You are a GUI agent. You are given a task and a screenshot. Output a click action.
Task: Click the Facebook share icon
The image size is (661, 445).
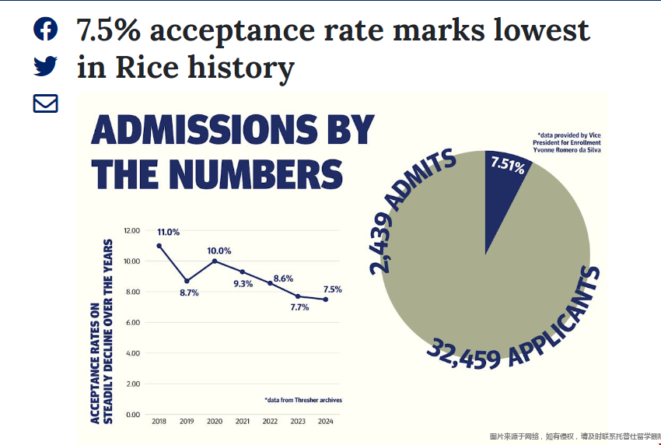pyautogui.click(x=46, y=29)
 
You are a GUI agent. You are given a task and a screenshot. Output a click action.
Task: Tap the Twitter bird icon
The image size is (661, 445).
pyautogui.click(x=46, y=66)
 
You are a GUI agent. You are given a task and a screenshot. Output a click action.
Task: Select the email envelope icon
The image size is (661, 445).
pyautogui.click(x=46, y=103)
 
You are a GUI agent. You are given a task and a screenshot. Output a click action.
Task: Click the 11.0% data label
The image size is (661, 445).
pyautogui.click(x=168, y=232)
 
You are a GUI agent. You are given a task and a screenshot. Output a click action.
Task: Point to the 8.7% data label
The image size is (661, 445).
pyautogui.click(x=189, y=293)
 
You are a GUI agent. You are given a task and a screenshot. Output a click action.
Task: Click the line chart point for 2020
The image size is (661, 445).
pyautogui.click(x=214, y=261)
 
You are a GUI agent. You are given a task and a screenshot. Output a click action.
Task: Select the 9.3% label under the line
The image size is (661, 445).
pyautogui.click(x=243, y=284)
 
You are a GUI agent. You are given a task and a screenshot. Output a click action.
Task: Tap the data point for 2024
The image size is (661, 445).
pyautogui.click(x=325, y=300)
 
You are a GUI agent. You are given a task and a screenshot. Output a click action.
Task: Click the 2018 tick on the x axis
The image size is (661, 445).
pyautogui.click(x=159, y=421)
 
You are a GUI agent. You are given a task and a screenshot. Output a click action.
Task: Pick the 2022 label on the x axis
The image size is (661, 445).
pyautogui.click(x=270, y=421)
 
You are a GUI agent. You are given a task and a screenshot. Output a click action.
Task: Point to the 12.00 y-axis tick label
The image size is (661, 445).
pyautogui.click(x=131, y=231)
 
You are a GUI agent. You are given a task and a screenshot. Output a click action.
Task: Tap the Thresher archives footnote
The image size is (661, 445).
pyautogui.click(x=303, y=400)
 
